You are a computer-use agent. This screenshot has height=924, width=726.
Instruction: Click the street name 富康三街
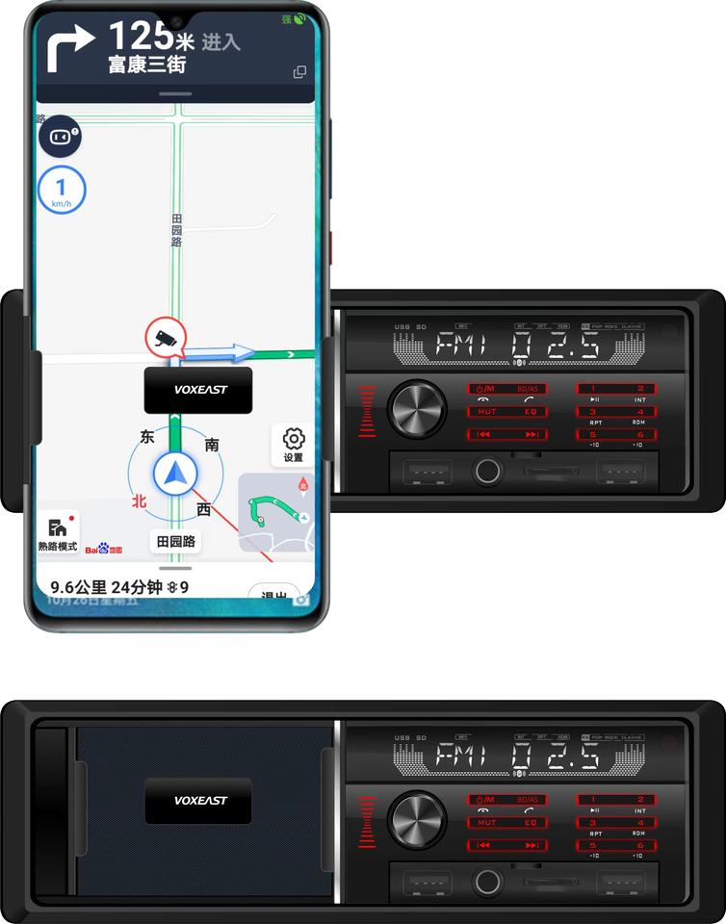point(147,65)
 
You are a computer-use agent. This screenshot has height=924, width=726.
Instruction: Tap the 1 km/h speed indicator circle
point(60,190)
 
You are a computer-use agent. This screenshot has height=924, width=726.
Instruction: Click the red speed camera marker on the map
point(164,337)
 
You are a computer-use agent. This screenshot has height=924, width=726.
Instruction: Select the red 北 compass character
point(139,500)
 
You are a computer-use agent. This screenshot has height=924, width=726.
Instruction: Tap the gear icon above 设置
point(294,439)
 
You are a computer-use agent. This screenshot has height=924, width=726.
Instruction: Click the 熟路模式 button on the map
point(58,533)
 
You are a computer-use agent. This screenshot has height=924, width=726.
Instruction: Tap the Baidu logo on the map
point(104,549)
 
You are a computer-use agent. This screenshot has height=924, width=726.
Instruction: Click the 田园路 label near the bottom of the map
point(176,542)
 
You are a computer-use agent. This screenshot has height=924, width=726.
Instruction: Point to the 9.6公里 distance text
point(77,587)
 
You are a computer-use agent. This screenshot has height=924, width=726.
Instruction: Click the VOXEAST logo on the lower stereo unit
point(198,800)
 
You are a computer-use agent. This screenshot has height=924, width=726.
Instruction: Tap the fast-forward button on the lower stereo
point(532,845)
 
